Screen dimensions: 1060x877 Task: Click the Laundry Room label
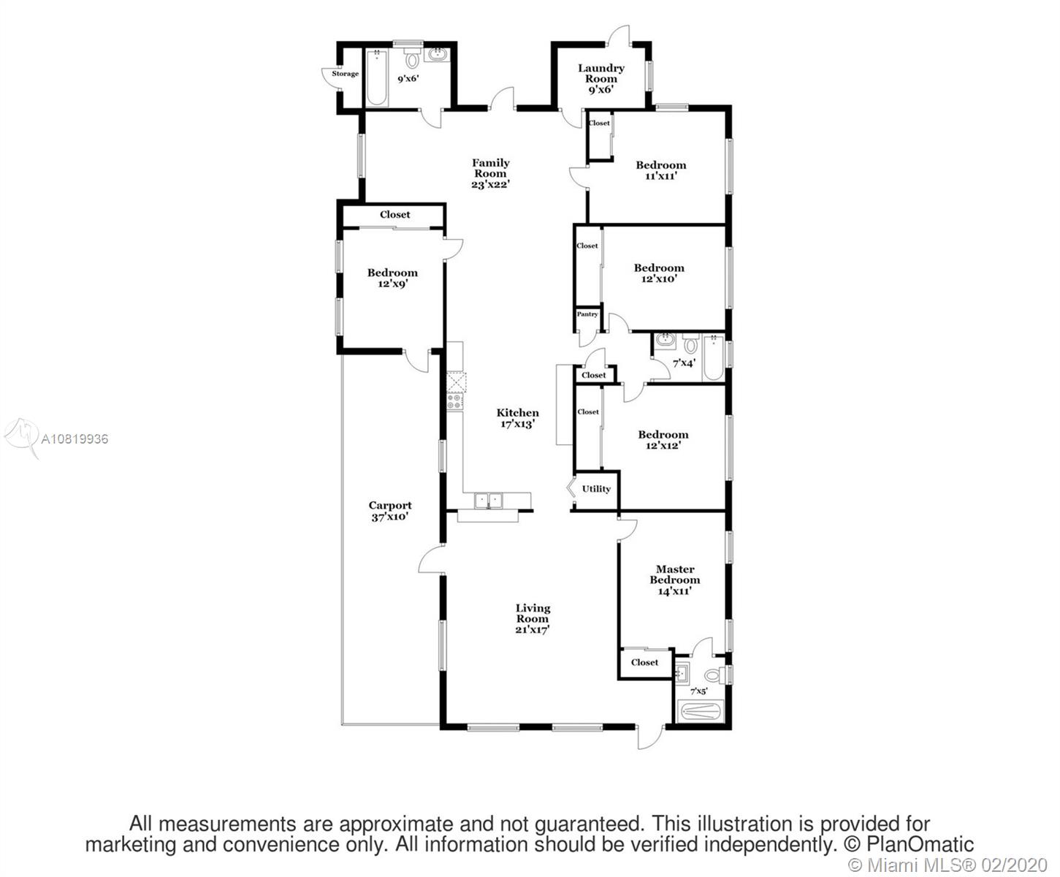pyautogui.click(x=601, y=73)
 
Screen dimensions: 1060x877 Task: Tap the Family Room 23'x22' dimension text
pyautogui.click(x=490, y=184)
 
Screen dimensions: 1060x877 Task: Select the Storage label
pyautogui.click(x=346, y=74)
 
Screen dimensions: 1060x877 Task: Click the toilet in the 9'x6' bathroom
pyautogui.click(x=412, y=58)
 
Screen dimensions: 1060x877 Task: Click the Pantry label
pyautogui.click(x=587, y=314)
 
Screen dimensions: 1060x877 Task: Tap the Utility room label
pyautogui.click(x=596, y=489)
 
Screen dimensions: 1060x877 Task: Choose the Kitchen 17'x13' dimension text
pyautogui.click(x=518, y=424)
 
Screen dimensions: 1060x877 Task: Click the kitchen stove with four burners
pyautogui.click(x=455, y=402)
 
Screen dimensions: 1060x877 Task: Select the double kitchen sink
pyautogui.click(x=489, y=501)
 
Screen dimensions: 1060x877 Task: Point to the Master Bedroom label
pyautogui.click(x=675, y=574)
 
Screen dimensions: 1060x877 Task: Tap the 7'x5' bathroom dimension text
pyautogui.click(x=698, y=691)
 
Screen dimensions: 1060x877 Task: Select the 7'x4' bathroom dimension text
pyautogui.click(x=684, y=363)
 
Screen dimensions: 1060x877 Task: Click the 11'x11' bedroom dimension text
pyautogui.click(x=661, y=176)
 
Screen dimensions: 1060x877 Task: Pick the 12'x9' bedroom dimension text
pyautogui.click(x=393, y=284)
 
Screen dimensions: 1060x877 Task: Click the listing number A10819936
pyautogui.click(x=75, y=438)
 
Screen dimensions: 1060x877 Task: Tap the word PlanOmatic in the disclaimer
pyautogui.click(x=920, y=844)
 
